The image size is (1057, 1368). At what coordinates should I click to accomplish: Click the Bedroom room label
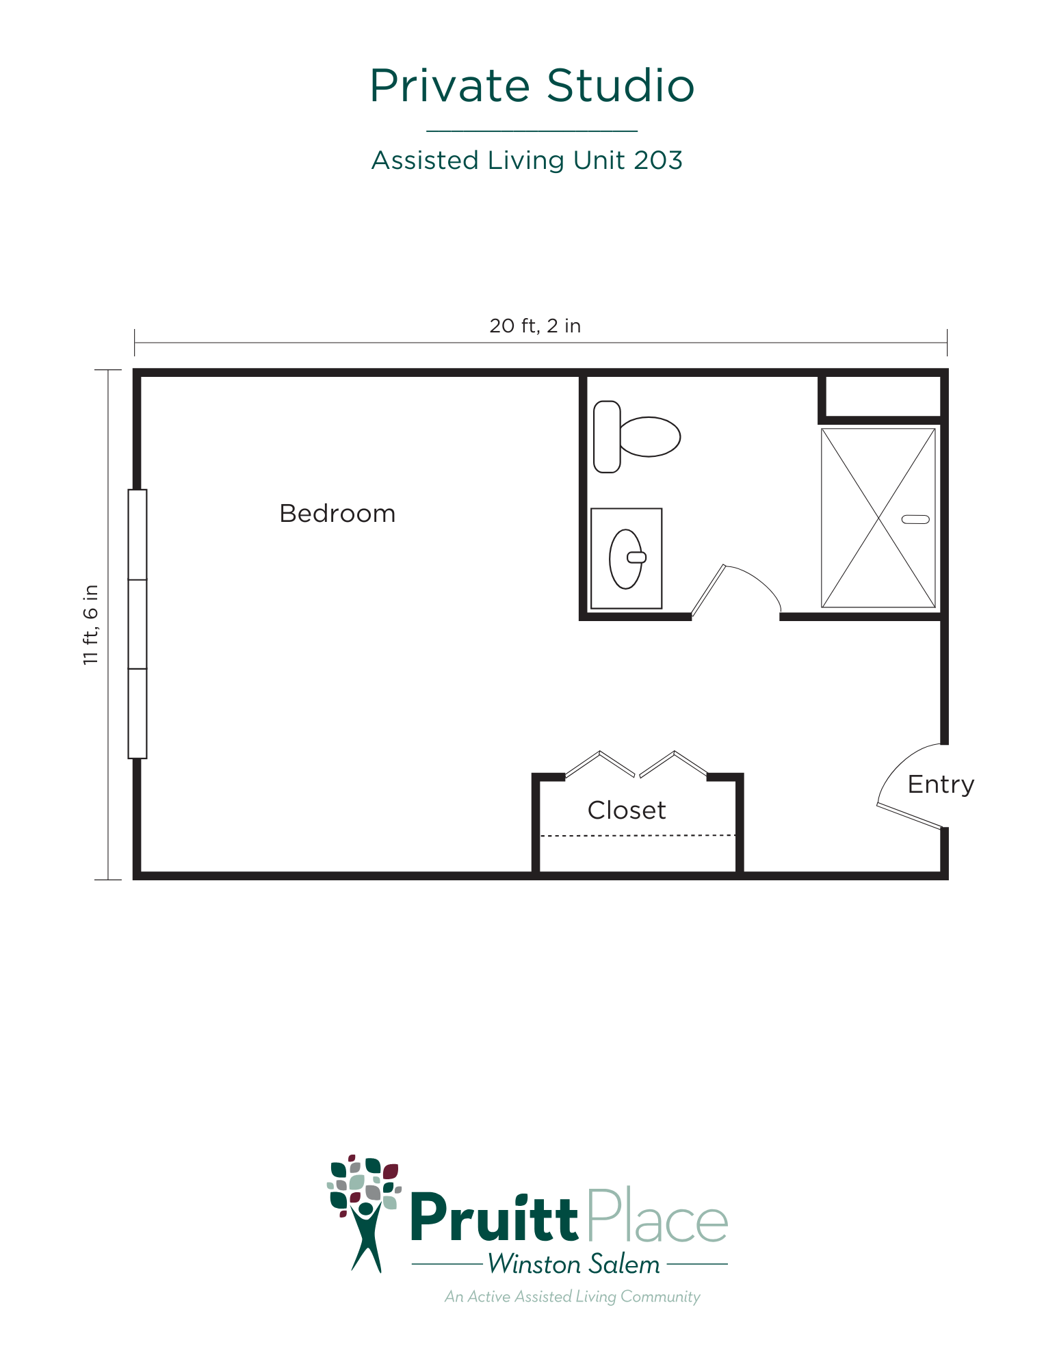(337, 514)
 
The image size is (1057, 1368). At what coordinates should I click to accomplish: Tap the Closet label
(627, 811)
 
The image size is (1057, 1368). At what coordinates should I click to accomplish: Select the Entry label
(941, 785)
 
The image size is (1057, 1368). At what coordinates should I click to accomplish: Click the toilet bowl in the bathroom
(649, 436)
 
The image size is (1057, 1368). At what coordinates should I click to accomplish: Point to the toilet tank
(607, 437)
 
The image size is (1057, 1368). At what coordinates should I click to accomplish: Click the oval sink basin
(625, 559)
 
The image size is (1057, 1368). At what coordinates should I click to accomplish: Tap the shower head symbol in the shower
(915, 519)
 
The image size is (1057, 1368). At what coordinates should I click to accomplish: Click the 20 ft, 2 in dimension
(535, 326)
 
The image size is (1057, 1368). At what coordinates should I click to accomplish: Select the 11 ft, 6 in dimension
(91, 624)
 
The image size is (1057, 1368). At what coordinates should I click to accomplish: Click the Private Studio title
(532, 86)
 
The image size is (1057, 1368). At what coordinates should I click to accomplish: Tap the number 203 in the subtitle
(658, 161)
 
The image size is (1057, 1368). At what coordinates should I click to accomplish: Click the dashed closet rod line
(638, 835)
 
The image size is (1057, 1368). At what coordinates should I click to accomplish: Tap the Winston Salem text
(574, 1265)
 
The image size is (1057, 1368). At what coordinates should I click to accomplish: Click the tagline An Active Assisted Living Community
(572, 1297)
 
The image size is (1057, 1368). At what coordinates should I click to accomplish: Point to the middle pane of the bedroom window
(138, 624)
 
